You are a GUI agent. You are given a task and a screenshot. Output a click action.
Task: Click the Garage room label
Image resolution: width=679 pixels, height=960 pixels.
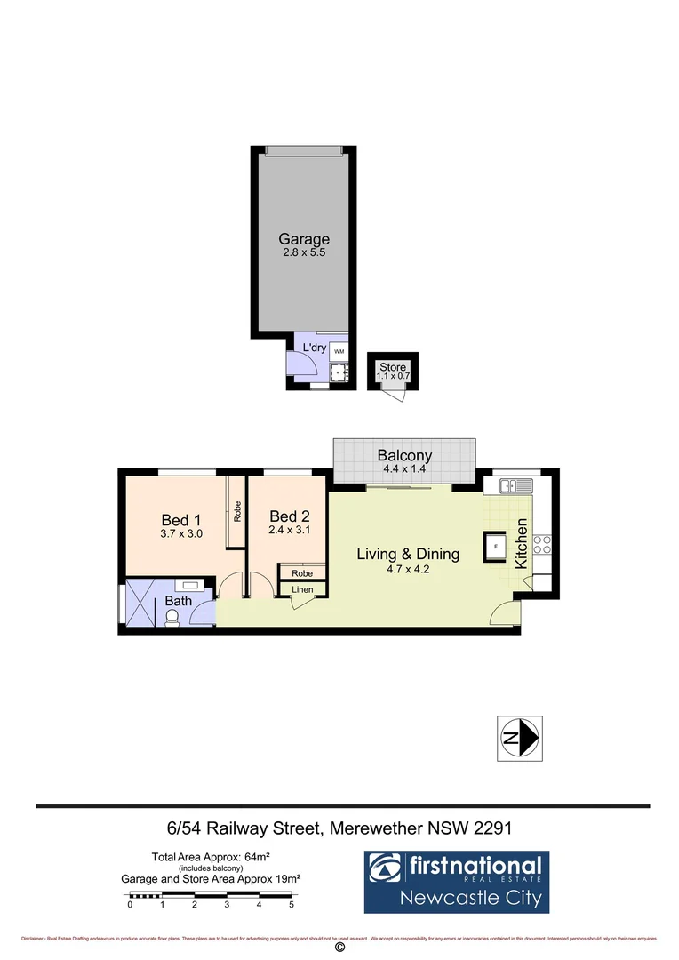(x=304, y=238)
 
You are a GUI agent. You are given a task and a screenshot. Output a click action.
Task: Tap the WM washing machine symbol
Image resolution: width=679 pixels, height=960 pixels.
(x=339, y=353)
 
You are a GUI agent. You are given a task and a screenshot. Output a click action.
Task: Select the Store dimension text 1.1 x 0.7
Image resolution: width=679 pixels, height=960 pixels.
(x=393, y=377)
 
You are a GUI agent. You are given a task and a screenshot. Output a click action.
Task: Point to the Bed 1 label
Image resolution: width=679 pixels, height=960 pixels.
(x=181, y=520)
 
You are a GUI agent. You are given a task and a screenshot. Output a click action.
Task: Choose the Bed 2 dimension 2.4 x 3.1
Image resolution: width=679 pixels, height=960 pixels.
(x=287, y=530)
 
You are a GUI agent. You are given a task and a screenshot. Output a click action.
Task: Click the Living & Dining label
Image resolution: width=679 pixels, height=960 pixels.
(x=408, y=554)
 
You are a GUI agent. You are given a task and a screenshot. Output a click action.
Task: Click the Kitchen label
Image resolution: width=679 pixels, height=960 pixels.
(x=522, y=544)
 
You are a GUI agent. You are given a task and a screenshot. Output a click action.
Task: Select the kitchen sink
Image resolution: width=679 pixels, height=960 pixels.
(x=515, y=485)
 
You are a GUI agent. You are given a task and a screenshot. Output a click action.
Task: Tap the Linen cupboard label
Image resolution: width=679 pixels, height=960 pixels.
(x=302, y=589)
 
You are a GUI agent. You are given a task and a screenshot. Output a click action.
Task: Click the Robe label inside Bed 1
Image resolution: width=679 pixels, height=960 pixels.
(x=237, y=512)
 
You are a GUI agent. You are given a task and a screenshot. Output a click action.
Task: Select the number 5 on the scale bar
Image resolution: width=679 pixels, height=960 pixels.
(x=292, y=905)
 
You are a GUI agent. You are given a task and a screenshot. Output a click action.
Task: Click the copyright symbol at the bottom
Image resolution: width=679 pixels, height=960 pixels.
(x=339, y=948)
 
